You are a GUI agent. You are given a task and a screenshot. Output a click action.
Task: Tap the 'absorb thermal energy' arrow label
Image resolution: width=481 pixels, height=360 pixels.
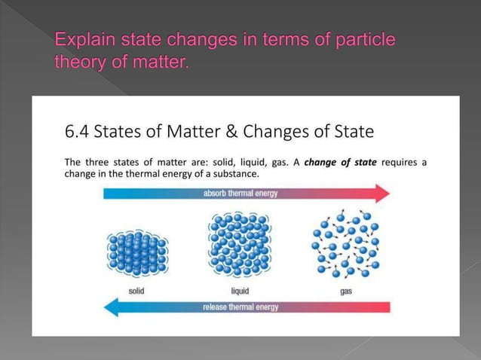pyautogui.click(x=240, y=194)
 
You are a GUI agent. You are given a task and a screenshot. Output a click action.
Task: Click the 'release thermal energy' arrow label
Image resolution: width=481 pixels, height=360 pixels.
pyautogui.click(x=240, y=307)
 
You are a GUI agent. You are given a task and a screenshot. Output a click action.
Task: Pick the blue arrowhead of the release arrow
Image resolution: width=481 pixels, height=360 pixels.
pyautogui.click(x=112, y=307)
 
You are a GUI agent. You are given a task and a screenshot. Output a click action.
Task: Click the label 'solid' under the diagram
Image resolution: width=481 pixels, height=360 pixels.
pyautogui.click(x=136, y=291)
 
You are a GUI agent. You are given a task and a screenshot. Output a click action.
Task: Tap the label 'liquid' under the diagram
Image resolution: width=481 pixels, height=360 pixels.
pyautogui.click(x=240, y=291)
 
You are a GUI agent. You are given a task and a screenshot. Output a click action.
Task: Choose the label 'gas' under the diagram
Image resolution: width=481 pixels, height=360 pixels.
pyautogui.click(x=346, y=291)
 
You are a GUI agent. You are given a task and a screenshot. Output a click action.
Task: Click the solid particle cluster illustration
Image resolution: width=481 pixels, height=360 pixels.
pyautogui.click(x=136, y=252)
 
